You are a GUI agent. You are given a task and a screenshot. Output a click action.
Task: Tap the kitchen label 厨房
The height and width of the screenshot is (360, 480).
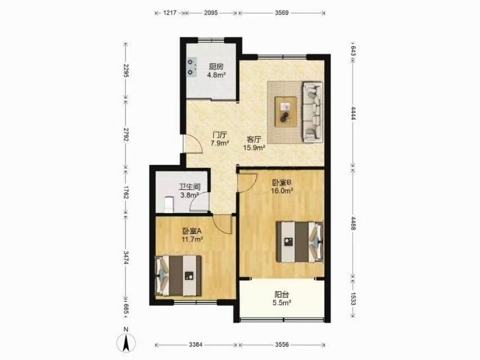pos(216,67)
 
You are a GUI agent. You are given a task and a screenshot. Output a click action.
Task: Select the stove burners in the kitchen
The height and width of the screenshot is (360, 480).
pos(192,67)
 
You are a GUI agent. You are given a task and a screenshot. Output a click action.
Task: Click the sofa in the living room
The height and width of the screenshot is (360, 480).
pos(312,112)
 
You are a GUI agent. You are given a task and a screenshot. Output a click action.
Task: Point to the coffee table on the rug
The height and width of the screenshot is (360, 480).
pos(286,111)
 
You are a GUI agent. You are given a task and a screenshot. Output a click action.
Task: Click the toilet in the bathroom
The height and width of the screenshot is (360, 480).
pos(169,205)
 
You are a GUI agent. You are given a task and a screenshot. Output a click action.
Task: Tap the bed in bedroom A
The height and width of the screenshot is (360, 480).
pos(178,276)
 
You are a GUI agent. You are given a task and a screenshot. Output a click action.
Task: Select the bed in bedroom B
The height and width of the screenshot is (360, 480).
pos(300,242)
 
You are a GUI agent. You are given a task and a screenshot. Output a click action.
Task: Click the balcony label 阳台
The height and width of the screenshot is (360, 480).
pos(281,295)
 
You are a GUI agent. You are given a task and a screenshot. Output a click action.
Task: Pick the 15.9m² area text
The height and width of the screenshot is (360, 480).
pos(254,148)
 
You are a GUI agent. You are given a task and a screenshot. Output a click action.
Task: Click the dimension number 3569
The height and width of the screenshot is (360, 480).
pos(281,13)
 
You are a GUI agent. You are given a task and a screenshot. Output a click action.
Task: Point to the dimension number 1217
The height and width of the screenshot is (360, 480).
pos(169,13)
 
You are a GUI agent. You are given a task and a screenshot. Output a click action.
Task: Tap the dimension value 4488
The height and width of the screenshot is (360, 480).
pos(353,223)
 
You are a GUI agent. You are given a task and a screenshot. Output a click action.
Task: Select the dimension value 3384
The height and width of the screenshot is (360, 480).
pos(196,345)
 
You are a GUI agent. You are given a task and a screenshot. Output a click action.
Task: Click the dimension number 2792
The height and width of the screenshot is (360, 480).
pos(125,134)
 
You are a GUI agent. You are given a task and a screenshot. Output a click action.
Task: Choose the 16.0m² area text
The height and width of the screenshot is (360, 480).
pos(282,191)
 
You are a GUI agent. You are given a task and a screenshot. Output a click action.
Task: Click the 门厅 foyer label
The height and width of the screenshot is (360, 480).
pos(220,134)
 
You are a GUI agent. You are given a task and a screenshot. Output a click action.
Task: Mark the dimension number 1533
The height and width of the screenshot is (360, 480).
pos(353,299)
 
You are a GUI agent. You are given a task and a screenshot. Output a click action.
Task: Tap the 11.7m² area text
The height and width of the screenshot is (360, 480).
pos(192,240)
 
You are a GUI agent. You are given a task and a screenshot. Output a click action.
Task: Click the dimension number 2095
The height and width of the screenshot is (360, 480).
pos(211,13)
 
